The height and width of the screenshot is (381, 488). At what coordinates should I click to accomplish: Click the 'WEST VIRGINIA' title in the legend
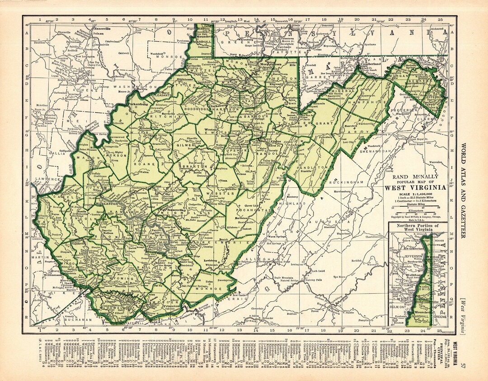click(416, 188)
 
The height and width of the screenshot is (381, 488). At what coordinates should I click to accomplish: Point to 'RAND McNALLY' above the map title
click(416, 177)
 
